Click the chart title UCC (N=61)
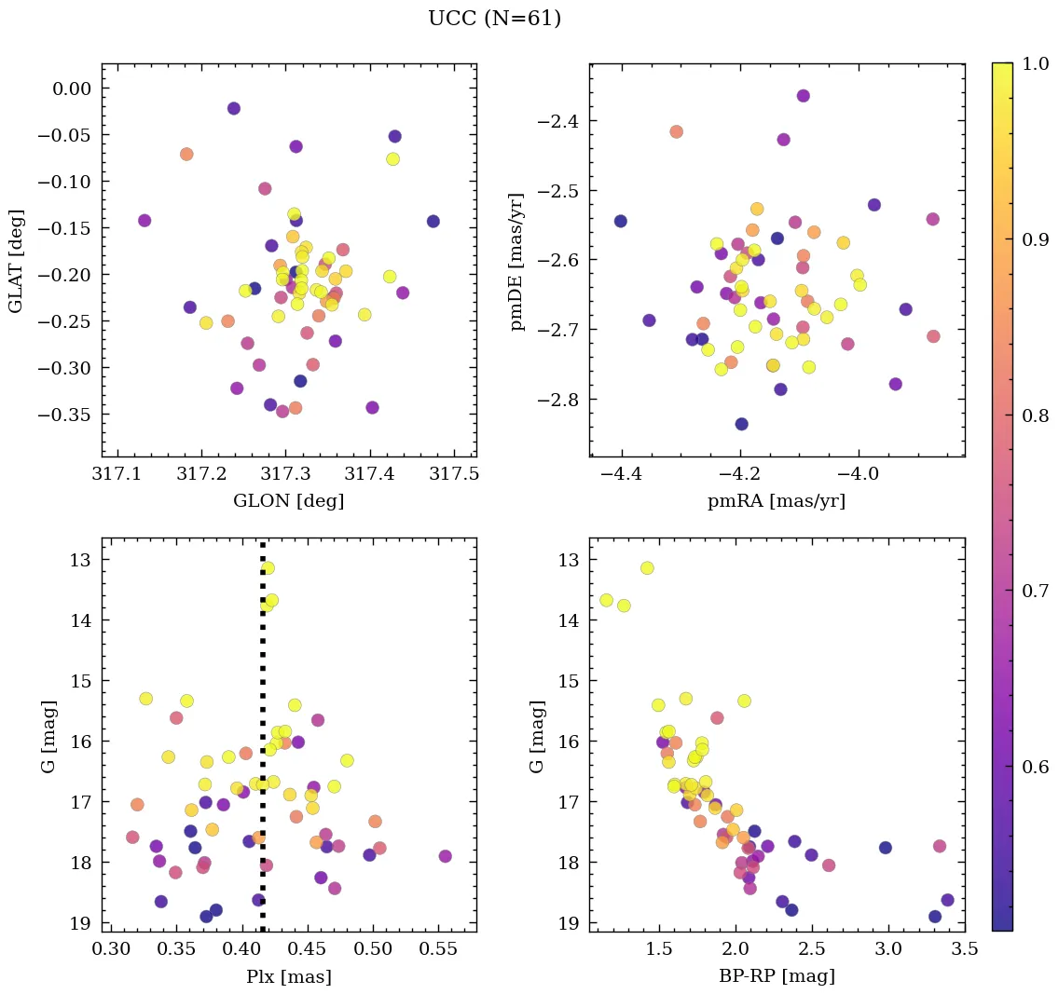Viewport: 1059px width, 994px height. [494, 19]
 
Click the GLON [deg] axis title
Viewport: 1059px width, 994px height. [288, 501]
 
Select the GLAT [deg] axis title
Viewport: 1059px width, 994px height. [16, 260]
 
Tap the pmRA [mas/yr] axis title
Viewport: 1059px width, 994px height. [777, 501]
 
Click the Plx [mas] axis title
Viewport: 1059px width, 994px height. [288, 976]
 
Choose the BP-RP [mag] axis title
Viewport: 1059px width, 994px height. [777, 976]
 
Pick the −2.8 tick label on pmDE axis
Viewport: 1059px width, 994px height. [557, 400]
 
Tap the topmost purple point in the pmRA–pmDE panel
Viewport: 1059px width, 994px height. [803, 96]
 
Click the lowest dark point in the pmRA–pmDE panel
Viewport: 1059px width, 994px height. [741, 424]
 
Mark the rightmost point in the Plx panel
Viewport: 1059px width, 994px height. [445, 856]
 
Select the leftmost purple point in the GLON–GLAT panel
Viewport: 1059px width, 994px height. [144, 221]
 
